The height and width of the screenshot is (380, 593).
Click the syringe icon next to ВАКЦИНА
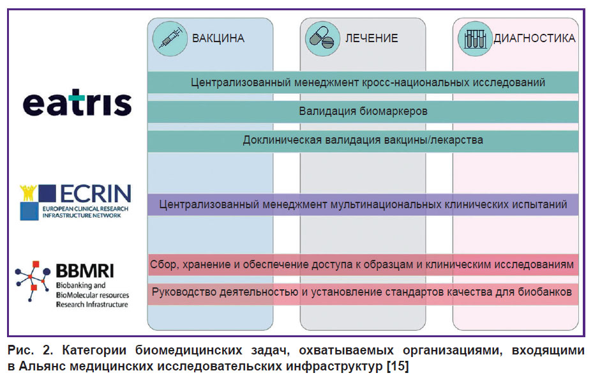(x=170, y=38)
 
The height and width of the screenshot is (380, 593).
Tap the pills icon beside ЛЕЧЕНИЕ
(x=322, y=38)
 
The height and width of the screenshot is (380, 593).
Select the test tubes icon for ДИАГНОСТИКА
(x=475, y=38)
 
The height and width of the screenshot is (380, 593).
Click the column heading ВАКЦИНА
(x=218, y=38)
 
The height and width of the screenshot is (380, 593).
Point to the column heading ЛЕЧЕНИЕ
(x=372, y=38)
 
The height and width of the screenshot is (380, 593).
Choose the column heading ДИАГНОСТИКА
(x=534, y=38)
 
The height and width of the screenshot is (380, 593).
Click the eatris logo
(x=77, y=102)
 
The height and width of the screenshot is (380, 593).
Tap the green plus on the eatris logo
(x=77, y=97)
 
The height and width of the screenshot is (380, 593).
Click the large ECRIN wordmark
(x=96, y=194)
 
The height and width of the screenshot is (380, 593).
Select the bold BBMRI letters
(x=85, y=271)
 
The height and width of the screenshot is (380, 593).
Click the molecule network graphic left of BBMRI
(x=33, y=281)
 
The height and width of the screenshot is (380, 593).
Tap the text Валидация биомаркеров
(x=363, y=111)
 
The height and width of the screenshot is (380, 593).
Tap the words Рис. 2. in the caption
(x=30, y=350)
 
